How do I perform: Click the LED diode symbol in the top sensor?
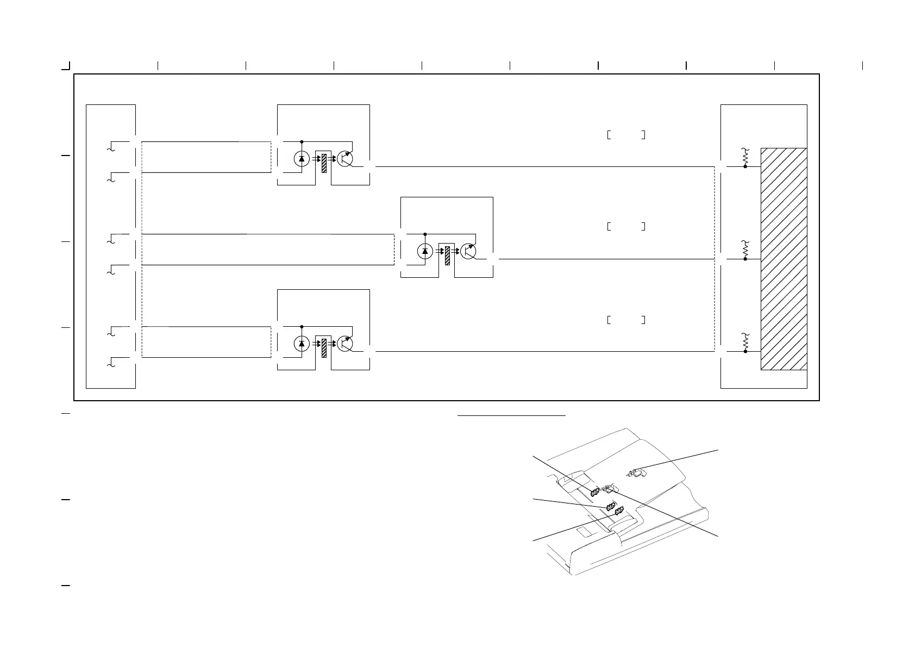coord(302,159)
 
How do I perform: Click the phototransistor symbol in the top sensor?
coord(344,158)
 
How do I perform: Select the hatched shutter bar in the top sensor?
coord(324,163)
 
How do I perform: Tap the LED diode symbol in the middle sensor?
coord(425,251)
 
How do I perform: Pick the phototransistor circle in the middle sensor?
coord(468,251)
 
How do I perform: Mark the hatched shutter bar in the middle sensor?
coord(447,256)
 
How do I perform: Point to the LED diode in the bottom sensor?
coord(302,343)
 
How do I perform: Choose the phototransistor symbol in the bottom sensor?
coord(344,343)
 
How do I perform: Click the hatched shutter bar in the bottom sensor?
coord(324,348)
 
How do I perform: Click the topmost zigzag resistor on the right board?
coord(745,157)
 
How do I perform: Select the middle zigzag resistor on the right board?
coord(745,249)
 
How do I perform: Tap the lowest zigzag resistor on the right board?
coord(745,341)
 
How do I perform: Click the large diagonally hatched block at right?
coord(784,258)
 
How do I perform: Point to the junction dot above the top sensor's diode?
coord(302,141)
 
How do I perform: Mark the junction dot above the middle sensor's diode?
coord(425,234)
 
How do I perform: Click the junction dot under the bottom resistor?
coord(745,352)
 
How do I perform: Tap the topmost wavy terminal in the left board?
coord(111,147)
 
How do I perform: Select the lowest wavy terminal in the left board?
coord(111,363)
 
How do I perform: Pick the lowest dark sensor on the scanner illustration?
coord(618,511)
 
